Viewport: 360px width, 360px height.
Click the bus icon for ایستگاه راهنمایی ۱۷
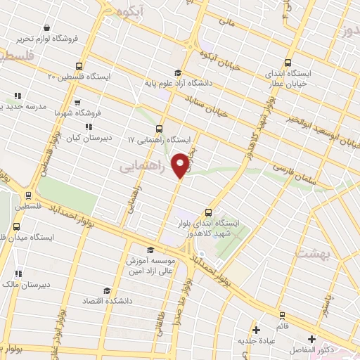tap(159, 129)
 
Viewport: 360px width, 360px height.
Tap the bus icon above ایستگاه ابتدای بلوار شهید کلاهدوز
tap(207, 212)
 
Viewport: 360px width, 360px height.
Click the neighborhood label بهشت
tap(311, 255)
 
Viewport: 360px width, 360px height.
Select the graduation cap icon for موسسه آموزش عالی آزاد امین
tap(149, 250)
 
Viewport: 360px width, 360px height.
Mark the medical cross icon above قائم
tap(282, 314)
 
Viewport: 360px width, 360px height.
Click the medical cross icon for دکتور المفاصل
tap(311, 339)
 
